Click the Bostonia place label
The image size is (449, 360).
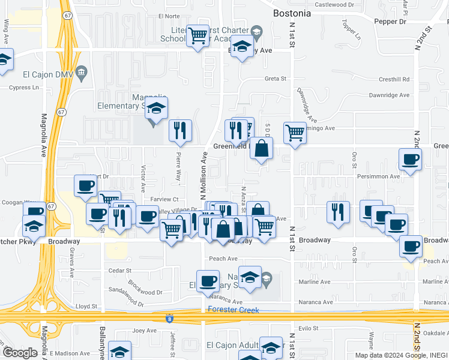[292, 13]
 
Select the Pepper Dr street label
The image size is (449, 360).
[390, 22]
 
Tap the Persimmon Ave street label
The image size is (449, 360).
[378, 177]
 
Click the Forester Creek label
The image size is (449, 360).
[234, 310]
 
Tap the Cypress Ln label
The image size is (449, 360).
[23, 88]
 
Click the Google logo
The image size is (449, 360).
[20, 353]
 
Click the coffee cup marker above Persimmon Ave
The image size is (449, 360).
[410, 159]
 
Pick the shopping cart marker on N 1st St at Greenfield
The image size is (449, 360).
[295, 133]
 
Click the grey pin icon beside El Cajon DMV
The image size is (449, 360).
[82, 73]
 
